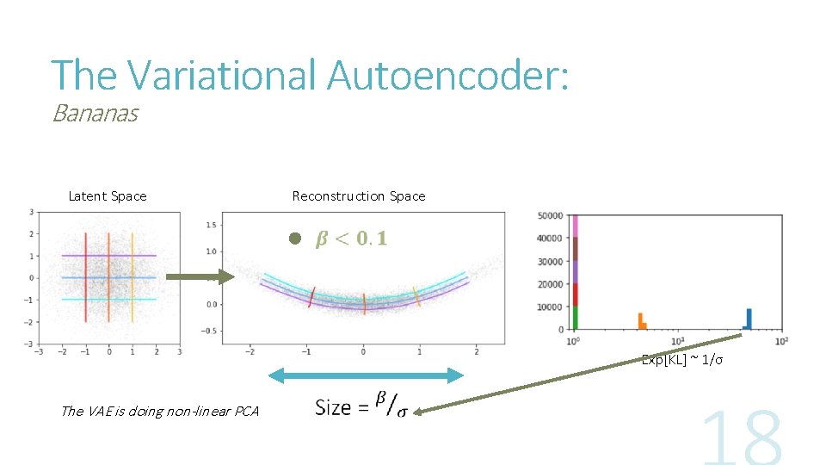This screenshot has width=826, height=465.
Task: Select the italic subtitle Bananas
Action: point(95,114)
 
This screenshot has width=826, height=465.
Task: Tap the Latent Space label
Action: point(108,196)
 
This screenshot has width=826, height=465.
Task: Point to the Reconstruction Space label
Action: point(359,196)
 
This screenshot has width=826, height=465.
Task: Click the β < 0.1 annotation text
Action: point(352,239)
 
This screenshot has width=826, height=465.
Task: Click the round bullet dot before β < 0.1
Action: point(294,239)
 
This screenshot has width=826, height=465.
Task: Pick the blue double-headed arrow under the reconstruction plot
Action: point(367,375)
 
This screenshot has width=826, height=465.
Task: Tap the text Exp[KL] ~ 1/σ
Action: point(682,360)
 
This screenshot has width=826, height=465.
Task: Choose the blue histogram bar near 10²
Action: point(749,319)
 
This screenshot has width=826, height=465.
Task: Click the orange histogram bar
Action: point(641,321)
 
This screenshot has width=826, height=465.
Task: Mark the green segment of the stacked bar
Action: point(575,318)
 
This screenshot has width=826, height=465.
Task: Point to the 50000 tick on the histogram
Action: point(549,215)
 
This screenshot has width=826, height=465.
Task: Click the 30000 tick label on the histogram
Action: point(549,261)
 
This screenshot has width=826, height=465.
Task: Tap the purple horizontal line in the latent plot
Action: point(109,256)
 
